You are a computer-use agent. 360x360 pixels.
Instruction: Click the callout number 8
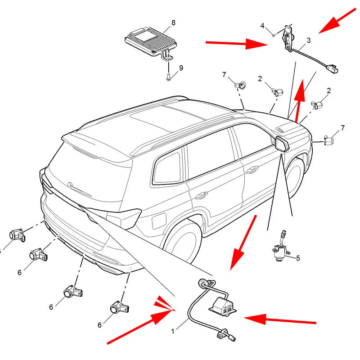pos(173,23)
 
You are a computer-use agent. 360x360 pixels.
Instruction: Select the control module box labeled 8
pos(151,42)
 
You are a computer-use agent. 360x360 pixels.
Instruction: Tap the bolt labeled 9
pos(168,77)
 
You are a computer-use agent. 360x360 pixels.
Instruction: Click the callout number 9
pos(181,68)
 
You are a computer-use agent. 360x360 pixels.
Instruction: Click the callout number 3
pos(309,40)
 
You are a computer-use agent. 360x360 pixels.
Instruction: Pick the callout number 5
pos(298,258)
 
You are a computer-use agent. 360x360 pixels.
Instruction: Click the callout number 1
pos(173,331)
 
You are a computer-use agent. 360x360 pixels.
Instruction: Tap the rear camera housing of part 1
pos(223,305)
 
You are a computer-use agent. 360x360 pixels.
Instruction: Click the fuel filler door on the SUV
pos(159,221)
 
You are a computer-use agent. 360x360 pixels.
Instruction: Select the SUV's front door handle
pos(252,170)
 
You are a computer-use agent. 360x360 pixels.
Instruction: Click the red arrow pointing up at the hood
pos(299,100)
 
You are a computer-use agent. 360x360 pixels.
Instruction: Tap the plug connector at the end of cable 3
pos(332,69)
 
